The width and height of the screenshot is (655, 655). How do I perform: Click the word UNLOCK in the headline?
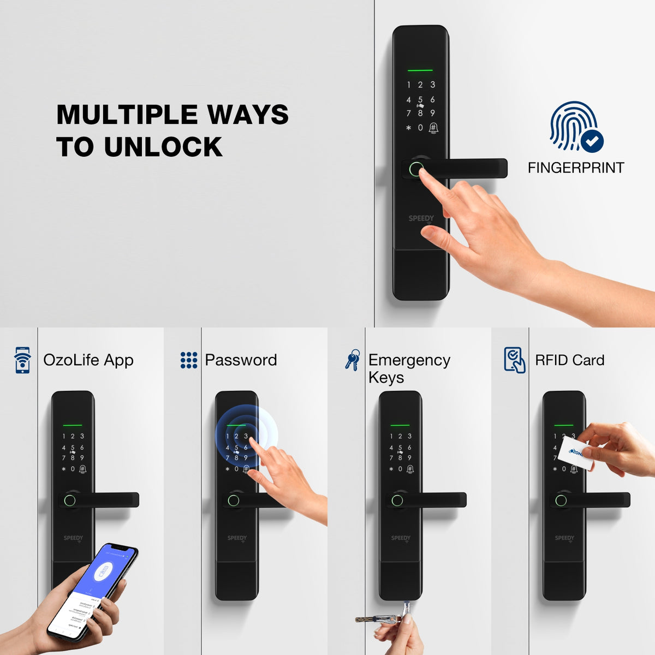pyautogui.click(x=163, y=147)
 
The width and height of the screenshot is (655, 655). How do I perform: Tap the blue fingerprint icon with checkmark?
pyautogui.click(x=576, y=127)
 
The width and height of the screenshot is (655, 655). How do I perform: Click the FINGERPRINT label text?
pyautogui.click(x=575, y=168)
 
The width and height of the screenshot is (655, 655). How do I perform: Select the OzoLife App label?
pyautogui.click(x=88, y=360)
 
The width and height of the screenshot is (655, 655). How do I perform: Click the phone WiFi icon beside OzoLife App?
pyautogui.click(x=22, y=360)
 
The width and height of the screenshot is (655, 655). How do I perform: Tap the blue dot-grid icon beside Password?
pyautogui.click(x=188, y=360)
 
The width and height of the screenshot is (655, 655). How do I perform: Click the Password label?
pyautogui.click(x=241, y=360)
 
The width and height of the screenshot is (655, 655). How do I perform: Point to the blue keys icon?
pyautogui.click(x=353, y=360)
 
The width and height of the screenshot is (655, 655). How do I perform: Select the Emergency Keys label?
pyautogui.click(x=409, y=368)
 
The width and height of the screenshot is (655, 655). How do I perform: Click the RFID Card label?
pyautogui.click(x=569, y=360)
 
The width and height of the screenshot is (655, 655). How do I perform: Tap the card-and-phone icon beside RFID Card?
pyautogui.click(x=514, y=360)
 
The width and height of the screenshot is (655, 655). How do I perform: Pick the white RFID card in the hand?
pyautogui.click(x=576, y=452)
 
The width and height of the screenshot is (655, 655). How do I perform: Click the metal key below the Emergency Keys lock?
pyautogui.click(x=382, y=619)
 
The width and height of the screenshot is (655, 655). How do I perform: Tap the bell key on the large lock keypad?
pyautogui.click(x=433, y=128)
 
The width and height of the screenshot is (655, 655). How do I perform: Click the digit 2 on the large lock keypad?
pyautogui.click(x=420, y=85)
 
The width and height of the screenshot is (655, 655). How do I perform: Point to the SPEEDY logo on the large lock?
pyautogui.click(x=421, y=218)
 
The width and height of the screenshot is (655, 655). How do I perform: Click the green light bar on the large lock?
pyautogui.click(x=420, y=70)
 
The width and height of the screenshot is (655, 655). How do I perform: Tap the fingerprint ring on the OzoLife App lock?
pyautogui.click(x=69, y=500)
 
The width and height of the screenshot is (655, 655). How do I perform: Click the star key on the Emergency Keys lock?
pyautogui.click(x=391, y=469)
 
